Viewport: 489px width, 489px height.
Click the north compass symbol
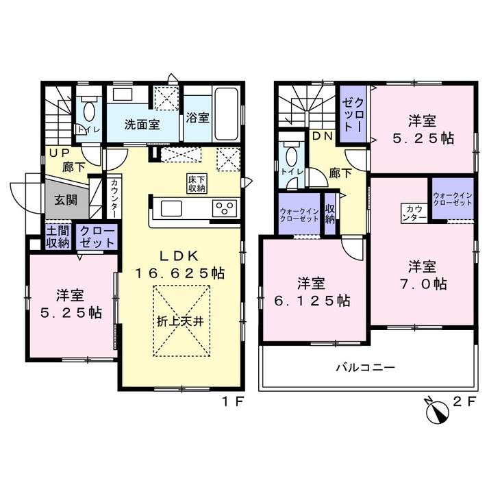pyautogui.click(x=437, y=410)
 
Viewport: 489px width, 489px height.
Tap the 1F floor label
pyautogui.click(x=232, y=401)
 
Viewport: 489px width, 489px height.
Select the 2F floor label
pyautogui.click(x=464, y=401)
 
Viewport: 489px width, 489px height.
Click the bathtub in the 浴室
pyautogui.click(x=227, y=114)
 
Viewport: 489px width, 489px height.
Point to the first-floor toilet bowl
pyautogui.click(x=88, y=112)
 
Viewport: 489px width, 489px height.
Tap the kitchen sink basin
pyautogui.click(x=171, y=208)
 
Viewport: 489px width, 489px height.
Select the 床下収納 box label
pyautogui.click(x=197, y=184)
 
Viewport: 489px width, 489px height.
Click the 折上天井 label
pyautogui.click(x=181, y=321)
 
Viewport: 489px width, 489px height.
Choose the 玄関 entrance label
pyautogui.click(x=66, y=200)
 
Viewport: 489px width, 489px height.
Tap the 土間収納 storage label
pyautogui.click(x=58, y=237)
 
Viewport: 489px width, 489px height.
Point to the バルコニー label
pyautogui.click(x=365, y=368)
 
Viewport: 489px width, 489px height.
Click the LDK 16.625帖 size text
pyautogui.click(x=180, y=265)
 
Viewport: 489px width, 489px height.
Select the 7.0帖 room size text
pyautogui.click(x=423, y=284)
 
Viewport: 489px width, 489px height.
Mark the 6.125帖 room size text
pyautogui.click(x=312, y=301)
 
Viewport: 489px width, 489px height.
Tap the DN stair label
pyautogui.click(x=323, y=136)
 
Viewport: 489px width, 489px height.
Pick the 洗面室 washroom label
pyautogui.click(x=142, y=125)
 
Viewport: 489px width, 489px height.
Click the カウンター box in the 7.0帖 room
pyautogui.click(x=414, y=214)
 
